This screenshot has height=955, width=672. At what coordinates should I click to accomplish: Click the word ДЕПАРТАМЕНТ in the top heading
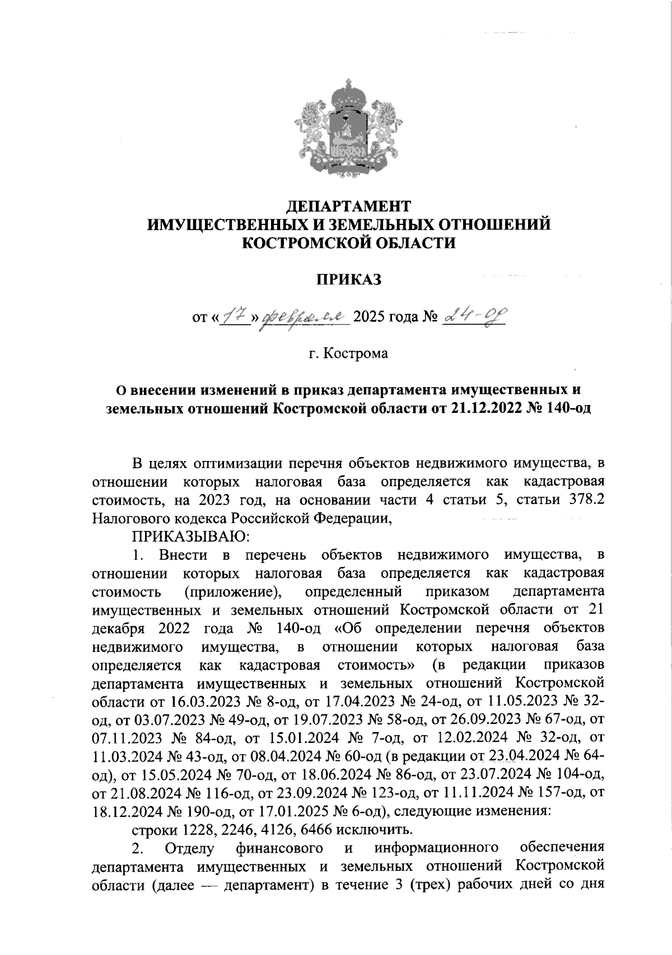[x=348, y=206]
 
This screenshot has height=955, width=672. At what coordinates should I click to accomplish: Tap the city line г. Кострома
[x=348, y=355]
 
